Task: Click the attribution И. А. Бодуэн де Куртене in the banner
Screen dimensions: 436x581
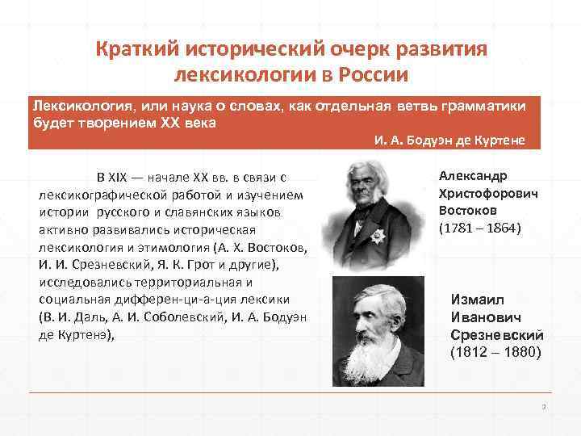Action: tap(449, 140)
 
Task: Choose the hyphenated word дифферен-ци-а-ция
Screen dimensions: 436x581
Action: tap(170, 300)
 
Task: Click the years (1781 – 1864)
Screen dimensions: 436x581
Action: tap(480, 228)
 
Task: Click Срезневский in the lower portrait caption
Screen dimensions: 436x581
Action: tap(496, 335)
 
